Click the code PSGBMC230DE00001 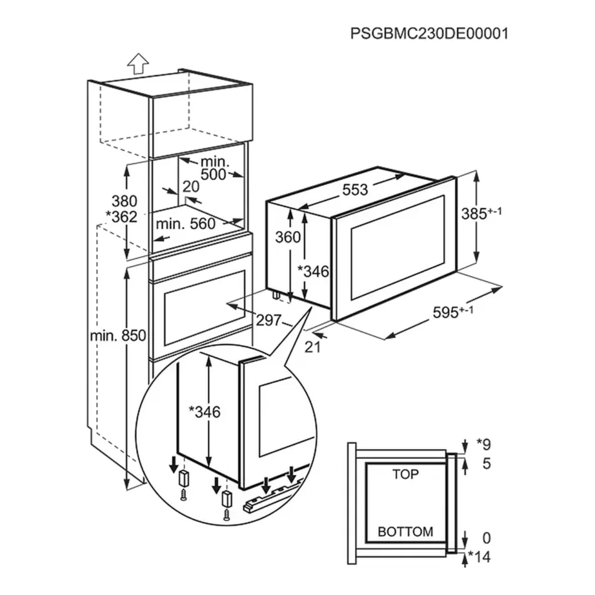click(429, 33)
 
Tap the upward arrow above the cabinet click(137, 63)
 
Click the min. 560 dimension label click(187, 224)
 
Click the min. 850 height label click(118, 335)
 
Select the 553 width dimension click(354, 189)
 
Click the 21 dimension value click(312, 347)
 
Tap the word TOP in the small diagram click(405, 474)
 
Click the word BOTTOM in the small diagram click(405, 532)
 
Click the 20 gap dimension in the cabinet click(190, 187)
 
